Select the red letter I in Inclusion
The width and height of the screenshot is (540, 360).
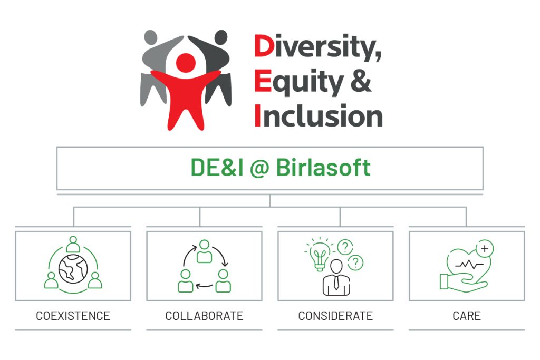tap(257, 115)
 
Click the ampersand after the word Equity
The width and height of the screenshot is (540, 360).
tap(361, 81)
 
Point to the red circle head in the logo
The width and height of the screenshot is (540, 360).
tap(186, 63)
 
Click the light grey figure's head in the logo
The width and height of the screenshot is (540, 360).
tap(151, 37)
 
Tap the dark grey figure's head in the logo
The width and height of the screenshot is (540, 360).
tap(221, 37)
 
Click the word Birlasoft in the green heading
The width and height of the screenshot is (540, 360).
tap(323, 168)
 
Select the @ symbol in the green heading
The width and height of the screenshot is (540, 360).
tap(259, 169)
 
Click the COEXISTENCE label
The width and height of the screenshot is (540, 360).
tap(73, 316)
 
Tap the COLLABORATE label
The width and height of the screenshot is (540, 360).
tap(204, 316)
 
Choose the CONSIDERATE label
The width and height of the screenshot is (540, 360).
tap(335, 316)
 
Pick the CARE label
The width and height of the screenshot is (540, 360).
tap(467, 316)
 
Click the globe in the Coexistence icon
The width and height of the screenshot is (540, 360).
tap(73, 269)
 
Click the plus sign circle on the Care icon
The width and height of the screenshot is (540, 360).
tap(485, 248)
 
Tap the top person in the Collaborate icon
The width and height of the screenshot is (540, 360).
tap(204, 251)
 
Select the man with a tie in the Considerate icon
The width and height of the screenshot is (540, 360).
tap(336, 278)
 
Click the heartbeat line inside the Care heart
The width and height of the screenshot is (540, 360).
tap(469, 265)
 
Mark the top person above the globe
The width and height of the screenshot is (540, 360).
tap(73, 244)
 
